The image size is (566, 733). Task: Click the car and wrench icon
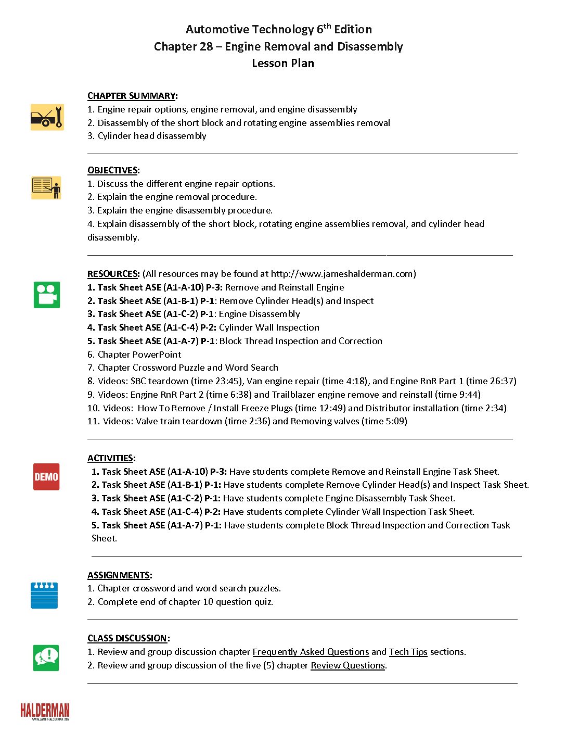pos(47,117)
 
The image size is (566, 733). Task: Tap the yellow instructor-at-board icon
pos(46,187)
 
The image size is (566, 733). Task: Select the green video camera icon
pos(47,295)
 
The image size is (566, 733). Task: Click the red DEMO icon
pos(46,477)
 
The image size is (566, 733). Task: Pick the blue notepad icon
pos(44,596)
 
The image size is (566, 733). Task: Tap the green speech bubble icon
pos(46,658)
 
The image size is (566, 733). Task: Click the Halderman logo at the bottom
pos(45,711)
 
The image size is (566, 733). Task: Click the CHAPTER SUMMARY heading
pos(132,96)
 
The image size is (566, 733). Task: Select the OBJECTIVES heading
pos(113,170)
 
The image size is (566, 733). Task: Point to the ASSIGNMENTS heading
pos(119,575)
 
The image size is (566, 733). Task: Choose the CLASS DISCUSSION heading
pos(127,638)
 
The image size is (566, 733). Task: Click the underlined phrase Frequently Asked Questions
pos(311,652)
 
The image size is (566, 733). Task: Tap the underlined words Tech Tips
pos(408,652)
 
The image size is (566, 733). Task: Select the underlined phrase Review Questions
pos(348,665)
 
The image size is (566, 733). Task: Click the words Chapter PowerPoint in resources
pos(139,355)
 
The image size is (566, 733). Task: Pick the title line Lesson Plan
pos(283,64)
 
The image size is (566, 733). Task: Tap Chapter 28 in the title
pos(183,47)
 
